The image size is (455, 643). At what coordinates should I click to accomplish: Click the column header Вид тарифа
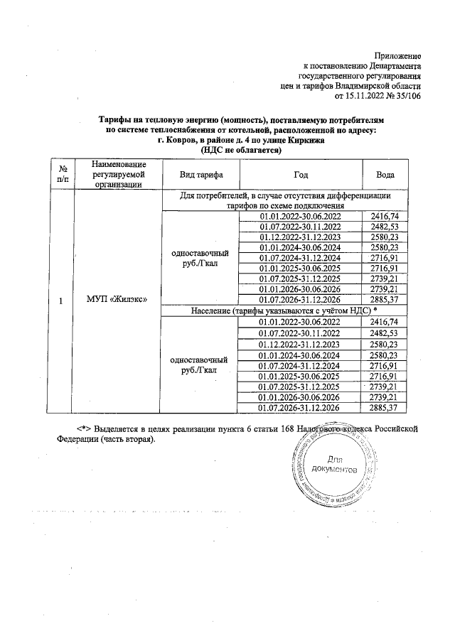[200, 175]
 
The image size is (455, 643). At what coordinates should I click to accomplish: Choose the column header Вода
[385, 175]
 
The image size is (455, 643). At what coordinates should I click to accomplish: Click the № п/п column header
[63, 175]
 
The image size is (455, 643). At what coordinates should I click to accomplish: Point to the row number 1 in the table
[63, 301]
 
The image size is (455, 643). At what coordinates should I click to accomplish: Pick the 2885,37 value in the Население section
[384, 408]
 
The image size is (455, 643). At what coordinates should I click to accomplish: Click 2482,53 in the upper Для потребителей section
[384, 226]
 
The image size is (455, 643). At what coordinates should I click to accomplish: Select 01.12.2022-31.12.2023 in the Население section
[301, 344]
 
